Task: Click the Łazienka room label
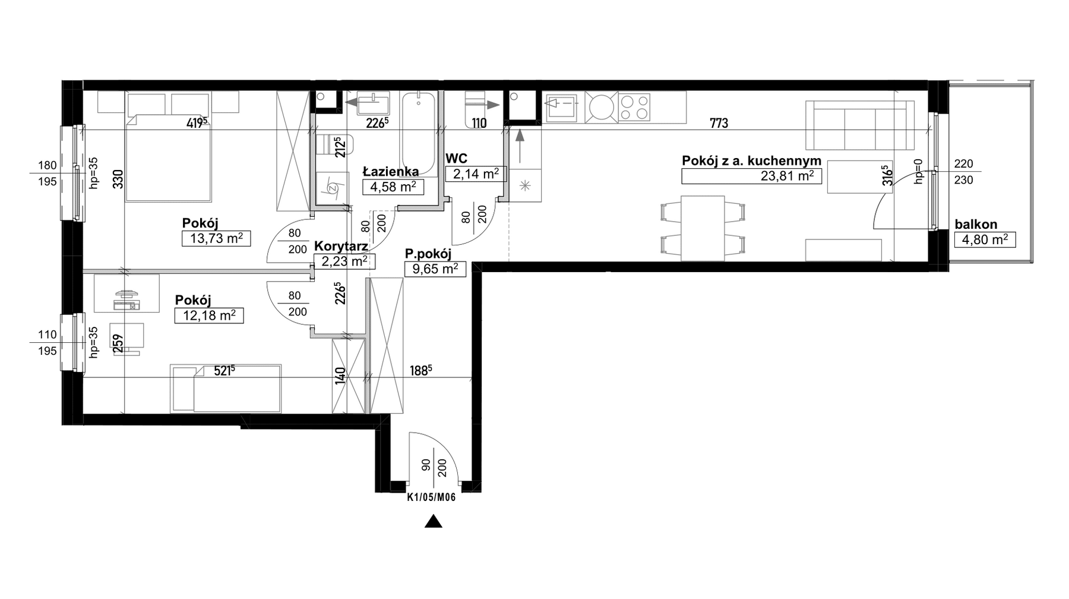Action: pos(391,172)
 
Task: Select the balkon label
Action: pos(976,225)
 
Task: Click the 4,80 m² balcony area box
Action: pos(985,239)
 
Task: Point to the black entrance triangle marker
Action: pos(434,522)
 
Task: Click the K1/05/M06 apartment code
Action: pos(431,499)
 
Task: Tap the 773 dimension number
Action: pos(719,124)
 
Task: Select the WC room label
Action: pos(456,158)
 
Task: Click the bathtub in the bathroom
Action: pos(419,133)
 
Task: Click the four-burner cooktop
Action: pos(634,107)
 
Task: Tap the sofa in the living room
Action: pos(859,125)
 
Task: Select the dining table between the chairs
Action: pos(703,228)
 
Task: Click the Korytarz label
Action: pos(341,246)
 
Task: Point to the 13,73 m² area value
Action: pos(216,238)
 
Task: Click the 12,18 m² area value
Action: pos(209,315)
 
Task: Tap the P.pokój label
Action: pos(428,254)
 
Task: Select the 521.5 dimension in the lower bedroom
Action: pos(224,371)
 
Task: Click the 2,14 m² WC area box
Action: pos(476,174)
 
